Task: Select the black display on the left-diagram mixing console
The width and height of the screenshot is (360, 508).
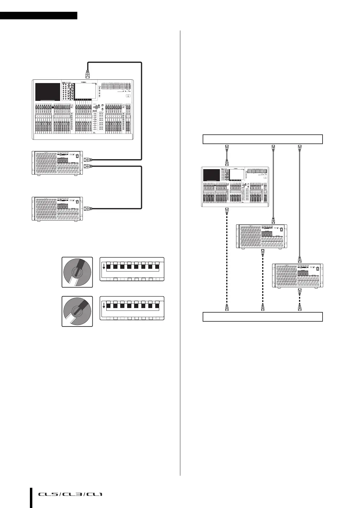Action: pos(48,92)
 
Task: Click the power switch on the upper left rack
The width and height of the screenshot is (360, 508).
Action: pos(77,156)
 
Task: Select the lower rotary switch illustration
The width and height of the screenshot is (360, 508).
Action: pos(77,311)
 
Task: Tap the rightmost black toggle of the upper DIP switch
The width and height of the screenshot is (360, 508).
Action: pos(157,267)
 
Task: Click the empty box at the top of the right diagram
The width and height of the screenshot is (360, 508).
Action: pos(262,139)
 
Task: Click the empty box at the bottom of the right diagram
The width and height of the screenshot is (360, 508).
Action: pos(262,317)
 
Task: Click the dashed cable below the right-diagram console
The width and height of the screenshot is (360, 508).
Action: pos(227,260)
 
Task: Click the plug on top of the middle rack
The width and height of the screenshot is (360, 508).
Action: pos(273,220)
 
